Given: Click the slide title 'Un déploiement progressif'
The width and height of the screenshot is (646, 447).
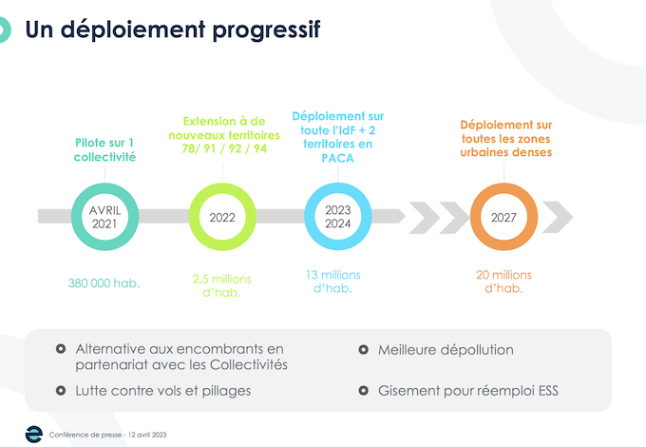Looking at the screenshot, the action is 173,29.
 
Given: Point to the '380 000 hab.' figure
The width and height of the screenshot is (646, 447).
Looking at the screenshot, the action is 104,283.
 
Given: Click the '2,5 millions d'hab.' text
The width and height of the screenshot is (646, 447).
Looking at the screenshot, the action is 221,285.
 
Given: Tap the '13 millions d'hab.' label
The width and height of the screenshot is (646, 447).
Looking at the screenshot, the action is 332,282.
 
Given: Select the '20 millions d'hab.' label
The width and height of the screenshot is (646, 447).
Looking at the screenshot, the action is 503,282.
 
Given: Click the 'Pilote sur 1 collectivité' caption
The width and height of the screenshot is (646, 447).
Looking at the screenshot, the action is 104,149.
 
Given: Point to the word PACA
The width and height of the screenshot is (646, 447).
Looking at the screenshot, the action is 338,158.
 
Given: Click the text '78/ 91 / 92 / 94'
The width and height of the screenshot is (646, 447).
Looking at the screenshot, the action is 224,148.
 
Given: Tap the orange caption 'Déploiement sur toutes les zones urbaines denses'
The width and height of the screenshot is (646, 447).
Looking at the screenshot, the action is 506,139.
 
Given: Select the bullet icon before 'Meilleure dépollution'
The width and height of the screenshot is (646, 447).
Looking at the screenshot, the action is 363,350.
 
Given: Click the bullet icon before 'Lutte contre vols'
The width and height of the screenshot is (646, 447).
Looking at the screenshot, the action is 61,391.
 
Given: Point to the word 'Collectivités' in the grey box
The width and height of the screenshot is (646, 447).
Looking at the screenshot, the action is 249,365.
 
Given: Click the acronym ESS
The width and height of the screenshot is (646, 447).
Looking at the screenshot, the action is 548,391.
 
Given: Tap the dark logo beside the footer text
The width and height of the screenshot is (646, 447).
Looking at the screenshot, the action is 34,435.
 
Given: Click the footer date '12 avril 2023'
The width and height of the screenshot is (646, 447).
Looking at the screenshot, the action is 147,435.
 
